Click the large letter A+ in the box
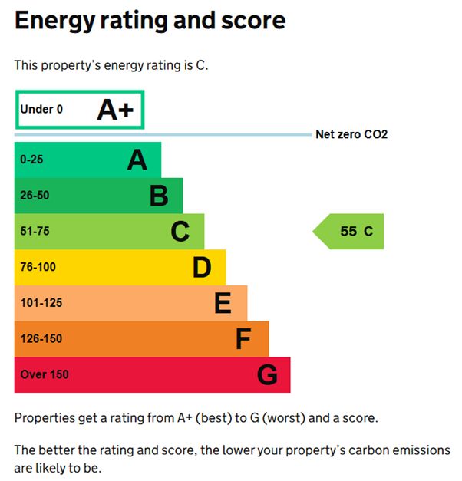pos(115,110)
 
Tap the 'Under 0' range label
pos(41,110)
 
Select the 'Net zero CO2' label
pos(351,134)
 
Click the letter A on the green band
pos(137,160)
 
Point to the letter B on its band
pos(158,196)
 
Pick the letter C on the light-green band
pos(180,232)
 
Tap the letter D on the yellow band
pos(201,268)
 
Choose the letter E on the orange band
pos(223,304)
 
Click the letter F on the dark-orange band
pos(243,339)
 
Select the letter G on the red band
pos(266,375)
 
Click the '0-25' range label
pos(33,160)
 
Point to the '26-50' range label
pos(35,196)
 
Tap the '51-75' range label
pos(35,232)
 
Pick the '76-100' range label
pos(38,267)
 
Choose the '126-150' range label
pos(41,339)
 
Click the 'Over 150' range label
pos(45,375)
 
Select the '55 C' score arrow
pos(349,232)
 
